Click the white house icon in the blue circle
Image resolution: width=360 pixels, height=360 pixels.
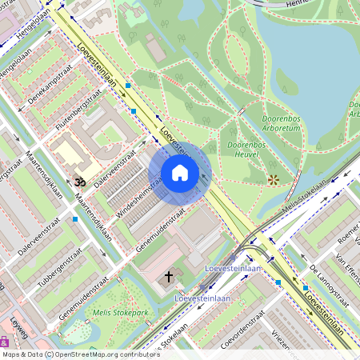[180, 173]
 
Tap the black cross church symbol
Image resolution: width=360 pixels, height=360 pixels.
[168, 277]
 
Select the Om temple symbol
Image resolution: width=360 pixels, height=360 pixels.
[78, 182]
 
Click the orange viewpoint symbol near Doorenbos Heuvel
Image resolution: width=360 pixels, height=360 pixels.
[274, 180]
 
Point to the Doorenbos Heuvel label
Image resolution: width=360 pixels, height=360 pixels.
[246, 150]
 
